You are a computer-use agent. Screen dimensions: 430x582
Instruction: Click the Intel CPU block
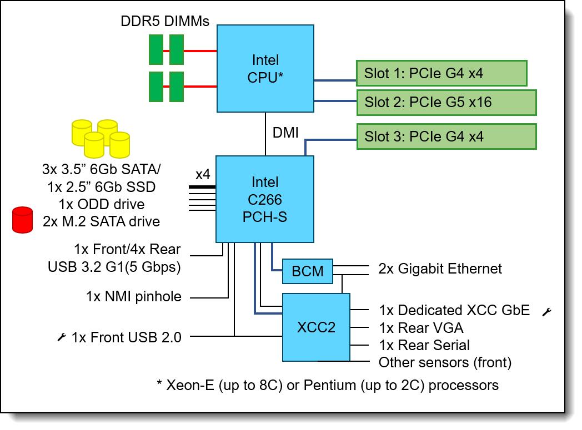[265, 69]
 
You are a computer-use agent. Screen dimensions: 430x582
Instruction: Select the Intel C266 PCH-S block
[265, 199]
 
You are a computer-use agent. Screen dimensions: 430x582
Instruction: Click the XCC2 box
[316, 327]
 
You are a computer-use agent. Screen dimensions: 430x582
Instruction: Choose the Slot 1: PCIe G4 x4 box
[441, 73]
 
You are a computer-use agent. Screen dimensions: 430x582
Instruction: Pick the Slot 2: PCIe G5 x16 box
[446, 102]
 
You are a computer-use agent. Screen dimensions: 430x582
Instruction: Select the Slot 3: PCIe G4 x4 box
[446, 136]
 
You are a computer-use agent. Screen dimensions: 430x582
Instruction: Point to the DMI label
[286, 133]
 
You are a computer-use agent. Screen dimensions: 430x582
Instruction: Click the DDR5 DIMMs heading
[165, 22]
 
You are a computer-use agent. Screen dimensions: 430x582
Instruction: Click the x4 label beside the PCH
[203, 174]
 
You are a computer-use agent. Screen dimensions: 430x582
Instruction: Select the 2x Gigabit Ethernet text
[440, 269]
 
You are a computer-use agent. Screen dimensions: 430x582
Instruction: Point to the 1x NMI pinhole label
[134, 297]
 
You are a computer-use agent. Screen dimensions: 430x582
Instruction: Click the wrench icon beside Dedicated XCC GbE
[546, 311]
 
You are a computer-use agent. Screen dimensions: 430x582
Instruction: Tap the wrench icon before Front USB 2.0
[62, 336]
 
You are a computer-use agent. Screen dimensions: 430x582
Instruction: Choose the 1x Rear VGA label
[421, 328]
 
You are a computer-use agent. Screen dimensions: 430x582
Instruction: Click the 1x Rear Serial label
[424, 345]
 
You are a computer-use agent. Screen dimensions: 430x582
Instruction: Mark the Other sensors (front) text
[445, 363]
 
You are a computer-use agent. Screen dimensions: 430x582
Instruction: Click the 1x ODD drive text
[102, 204]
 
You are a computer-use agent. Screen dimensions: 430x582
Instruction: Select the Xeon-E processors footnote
[328, 385]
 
